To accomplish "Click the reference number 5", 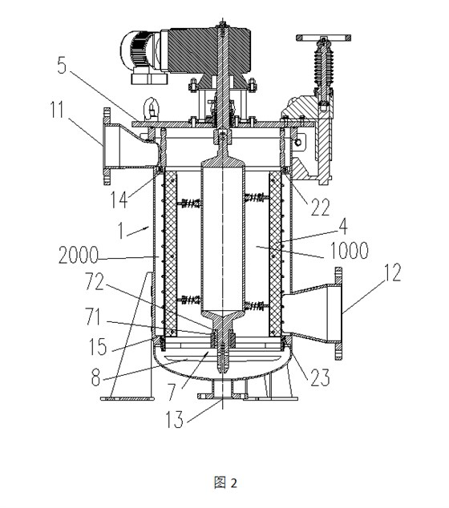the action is (x=62, y=65).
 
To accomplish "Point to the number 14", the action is (x=119, y=200).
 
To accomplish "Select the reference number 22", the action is (x=320, y=207).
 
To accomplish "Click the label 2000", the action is (x=78, y=255).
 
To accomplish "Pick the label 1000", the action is (x=349, y=250).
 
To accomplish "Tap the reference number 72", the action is (x=95, y=281).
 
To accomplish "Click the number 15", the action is (x=98, y=347).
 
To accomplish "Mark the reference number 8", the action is (x=95, y=377).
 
